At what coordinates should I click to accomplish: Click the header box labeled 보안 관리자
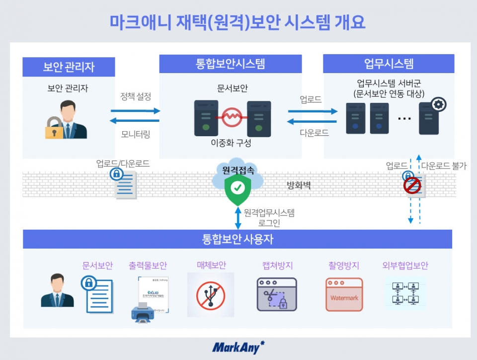click(x=69, y=67)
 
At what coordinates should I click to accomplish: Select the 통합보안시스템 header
click(x=231, y=64)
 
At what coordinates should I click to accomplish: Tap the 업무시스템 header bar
click(x=389, y=64)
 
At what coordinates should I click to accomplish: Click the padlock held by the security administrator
click(x=54, y=130)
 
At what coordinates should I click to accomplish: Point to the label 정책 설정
click(x=136, y=96)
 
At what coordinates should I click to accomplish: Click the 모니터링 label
click(x=136, y=134)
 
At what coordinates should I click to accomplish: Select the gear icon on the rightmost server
click(x=439, y=104)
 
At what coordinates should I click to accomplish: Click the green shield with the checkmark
click(x=238, y=189)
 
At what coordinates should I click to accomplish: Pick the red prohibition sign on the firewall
click(x=412, y=186)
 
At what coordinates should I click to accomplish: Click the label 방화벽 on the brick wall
click(x=299, y=186)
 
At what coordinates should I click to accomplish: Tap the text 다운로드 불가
click(x=444, y=166)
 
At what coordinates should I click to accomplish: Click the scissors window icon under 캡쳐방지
click(x=276, y=295)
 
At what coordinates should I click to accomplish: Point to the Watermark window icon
click(x=344, y=295)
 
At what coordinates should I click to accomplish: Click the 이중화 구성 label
click(x=231, y=143)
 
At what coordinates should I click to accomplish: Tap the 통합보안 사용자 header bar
click(x=238, y=239)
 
